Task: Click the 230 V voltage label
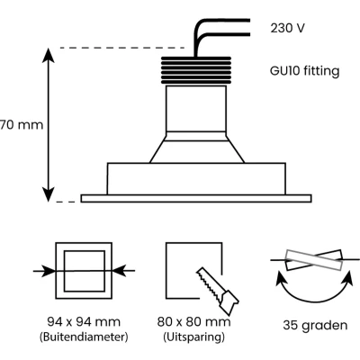(287, 28)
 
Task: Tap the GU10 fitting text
(305, 71)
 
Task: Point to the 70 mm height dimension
(22, 125)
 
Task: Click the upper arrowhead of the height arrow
(49, 55)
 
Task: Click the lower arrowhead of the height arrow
(49, 194)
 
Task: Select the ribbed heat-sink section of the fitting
(196, 70)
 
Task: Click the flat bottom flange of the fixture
(196, 198)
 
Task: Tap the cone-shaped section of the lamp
(197, 151)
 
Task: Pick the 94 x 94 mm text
(84, 322)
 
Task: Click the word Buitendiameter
(84, 337)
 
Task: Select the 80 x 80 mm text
(194, 322)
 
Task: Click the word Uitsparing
(194, 337)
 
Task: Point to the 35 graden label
(315, 325)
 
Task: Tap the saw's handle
(229, 302)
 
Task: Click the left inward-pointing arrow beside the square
(44, 271)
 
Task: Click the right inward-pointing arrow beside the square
(123, 271)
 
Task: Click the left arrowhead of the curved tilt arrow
(280, 277)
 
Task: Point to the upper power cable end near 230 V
(248, 21)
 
